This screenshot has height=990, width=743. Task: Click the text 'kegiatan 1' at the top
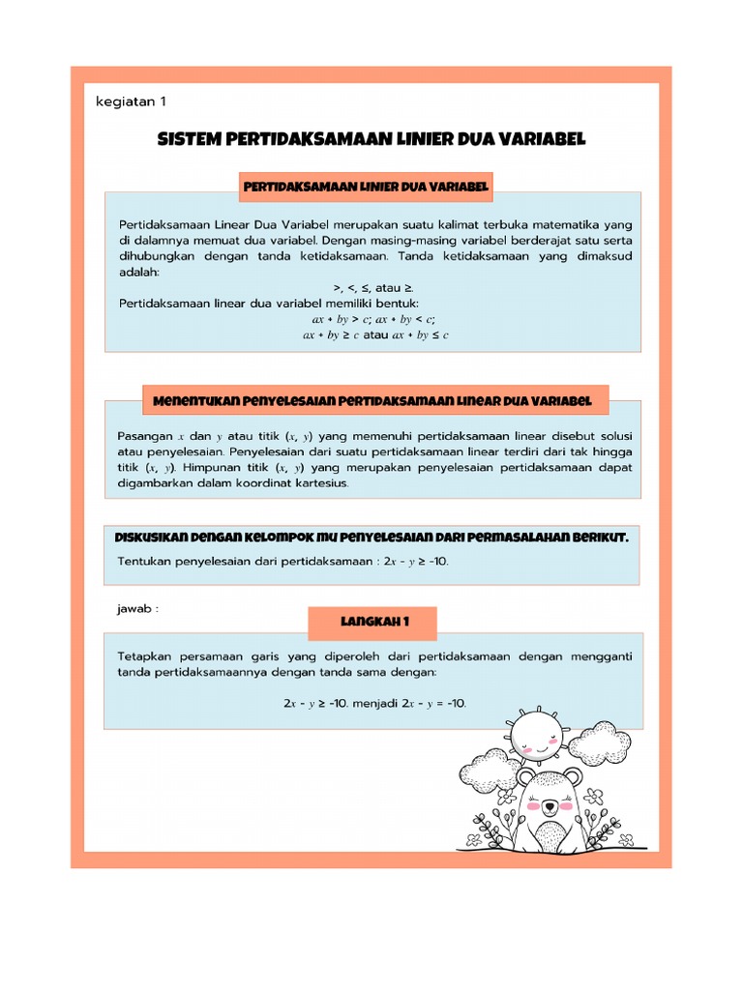137,102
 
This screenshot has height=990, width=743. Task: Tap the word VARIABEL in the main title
547,140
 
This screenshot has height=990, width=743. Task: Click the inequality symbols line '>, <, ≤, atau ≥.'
373,288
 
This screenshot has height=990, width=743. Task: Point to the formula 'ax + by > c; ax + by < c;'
373,318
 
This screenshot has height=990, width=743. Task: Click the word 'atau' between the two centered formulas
376,335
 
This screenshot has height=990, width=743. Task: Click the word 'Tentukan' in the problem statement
147,561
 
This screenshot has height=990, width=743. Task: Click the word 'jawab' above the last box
135,609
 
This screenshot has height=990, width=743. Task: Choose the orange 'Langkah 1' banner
372,624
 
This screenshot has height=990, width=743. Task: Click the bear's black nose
549,804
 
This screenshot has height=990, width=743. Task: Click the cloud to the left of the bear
490,772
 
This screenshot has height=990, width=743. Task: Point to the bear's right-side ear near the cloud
574,775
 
